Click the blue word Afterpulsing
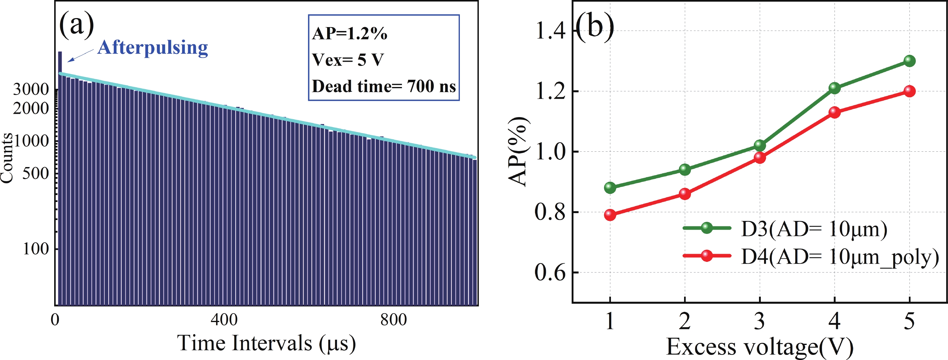tap(153, 48)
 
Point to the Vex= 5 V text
tap(348, 60)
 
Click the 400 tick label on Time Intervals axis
tap(224, 319)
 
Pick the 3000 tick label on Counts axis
tap(31, 89)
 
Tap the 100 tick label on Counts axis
tap(36, 249)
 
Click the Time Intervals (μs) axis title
tap(266, 343)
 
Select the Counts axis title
tap(7, 158)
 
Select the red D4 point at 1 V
tap(610, 215)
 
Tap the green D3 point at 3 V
tap(760, 145)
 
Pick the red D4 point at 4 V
tap(834, 112)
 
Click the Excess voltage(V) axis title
tap(760, 347)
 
